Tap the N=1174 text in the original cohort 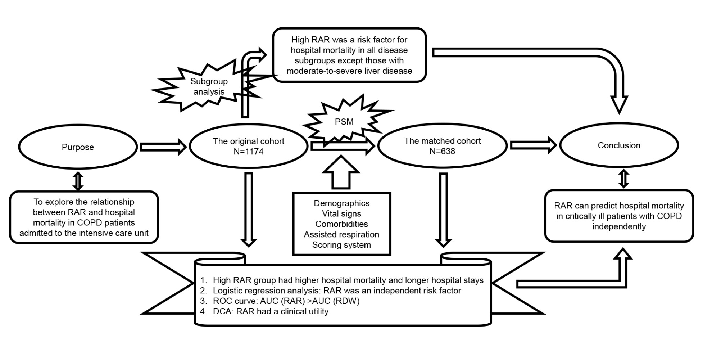pos(248,152)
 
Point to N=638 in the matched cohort pos(442,151)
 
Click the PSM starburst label pos(344,122)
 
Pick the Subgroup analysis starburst pos(209,86)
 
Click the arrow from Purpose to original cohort pos(163,147)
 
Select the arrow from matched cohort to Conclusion pos(534,145)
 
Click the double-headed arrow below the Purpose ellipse pos(78,181)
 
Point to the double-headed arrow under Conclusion pos(623,179)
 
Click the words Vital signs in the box pos(341,213)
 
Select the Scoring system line pos(341,245)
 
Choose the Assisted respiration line pos(341,234)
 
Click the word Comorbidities pos(341,224)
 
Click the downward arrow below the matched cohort pos(443,210)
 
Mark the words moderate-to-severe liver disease pos(349,71)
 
